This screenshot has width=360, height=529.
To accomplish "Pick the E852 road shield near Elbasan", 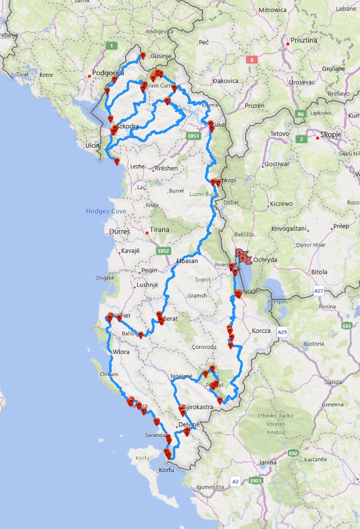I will coord(164,251).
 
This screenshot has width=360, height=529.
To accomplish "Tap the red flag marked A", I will coord(240,252).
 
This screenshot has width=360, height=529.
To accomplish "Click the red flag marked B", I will coord(245,259).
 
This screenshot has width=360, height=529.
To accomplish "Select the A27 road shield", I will coord(318,290).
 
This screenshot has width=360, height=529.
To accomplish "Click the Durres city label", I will coord(119,232).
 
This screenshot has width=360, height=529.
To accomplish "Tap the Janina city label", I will coord(267,463).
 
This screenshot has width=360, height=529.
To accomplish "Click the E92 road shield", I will coord(293,453).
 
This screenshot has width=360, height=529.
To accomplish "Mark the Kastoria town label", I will coord(314,344).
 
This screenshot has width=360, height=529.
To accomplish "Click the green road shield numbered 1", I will coord(113,45).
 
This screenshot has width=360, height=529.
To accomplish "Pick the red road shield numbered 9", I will coord(251,59).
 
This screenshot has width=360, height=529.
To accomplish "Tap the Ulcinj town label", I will coord(92,146).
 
